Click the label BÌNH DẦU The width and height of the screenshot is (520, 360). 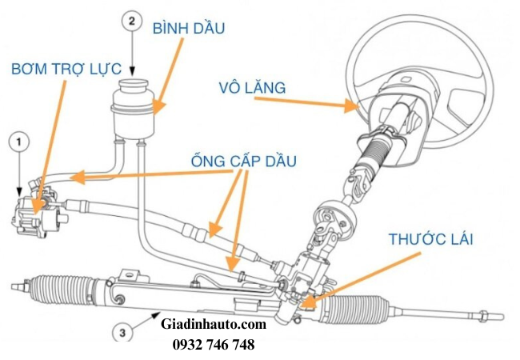(189, 29)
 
